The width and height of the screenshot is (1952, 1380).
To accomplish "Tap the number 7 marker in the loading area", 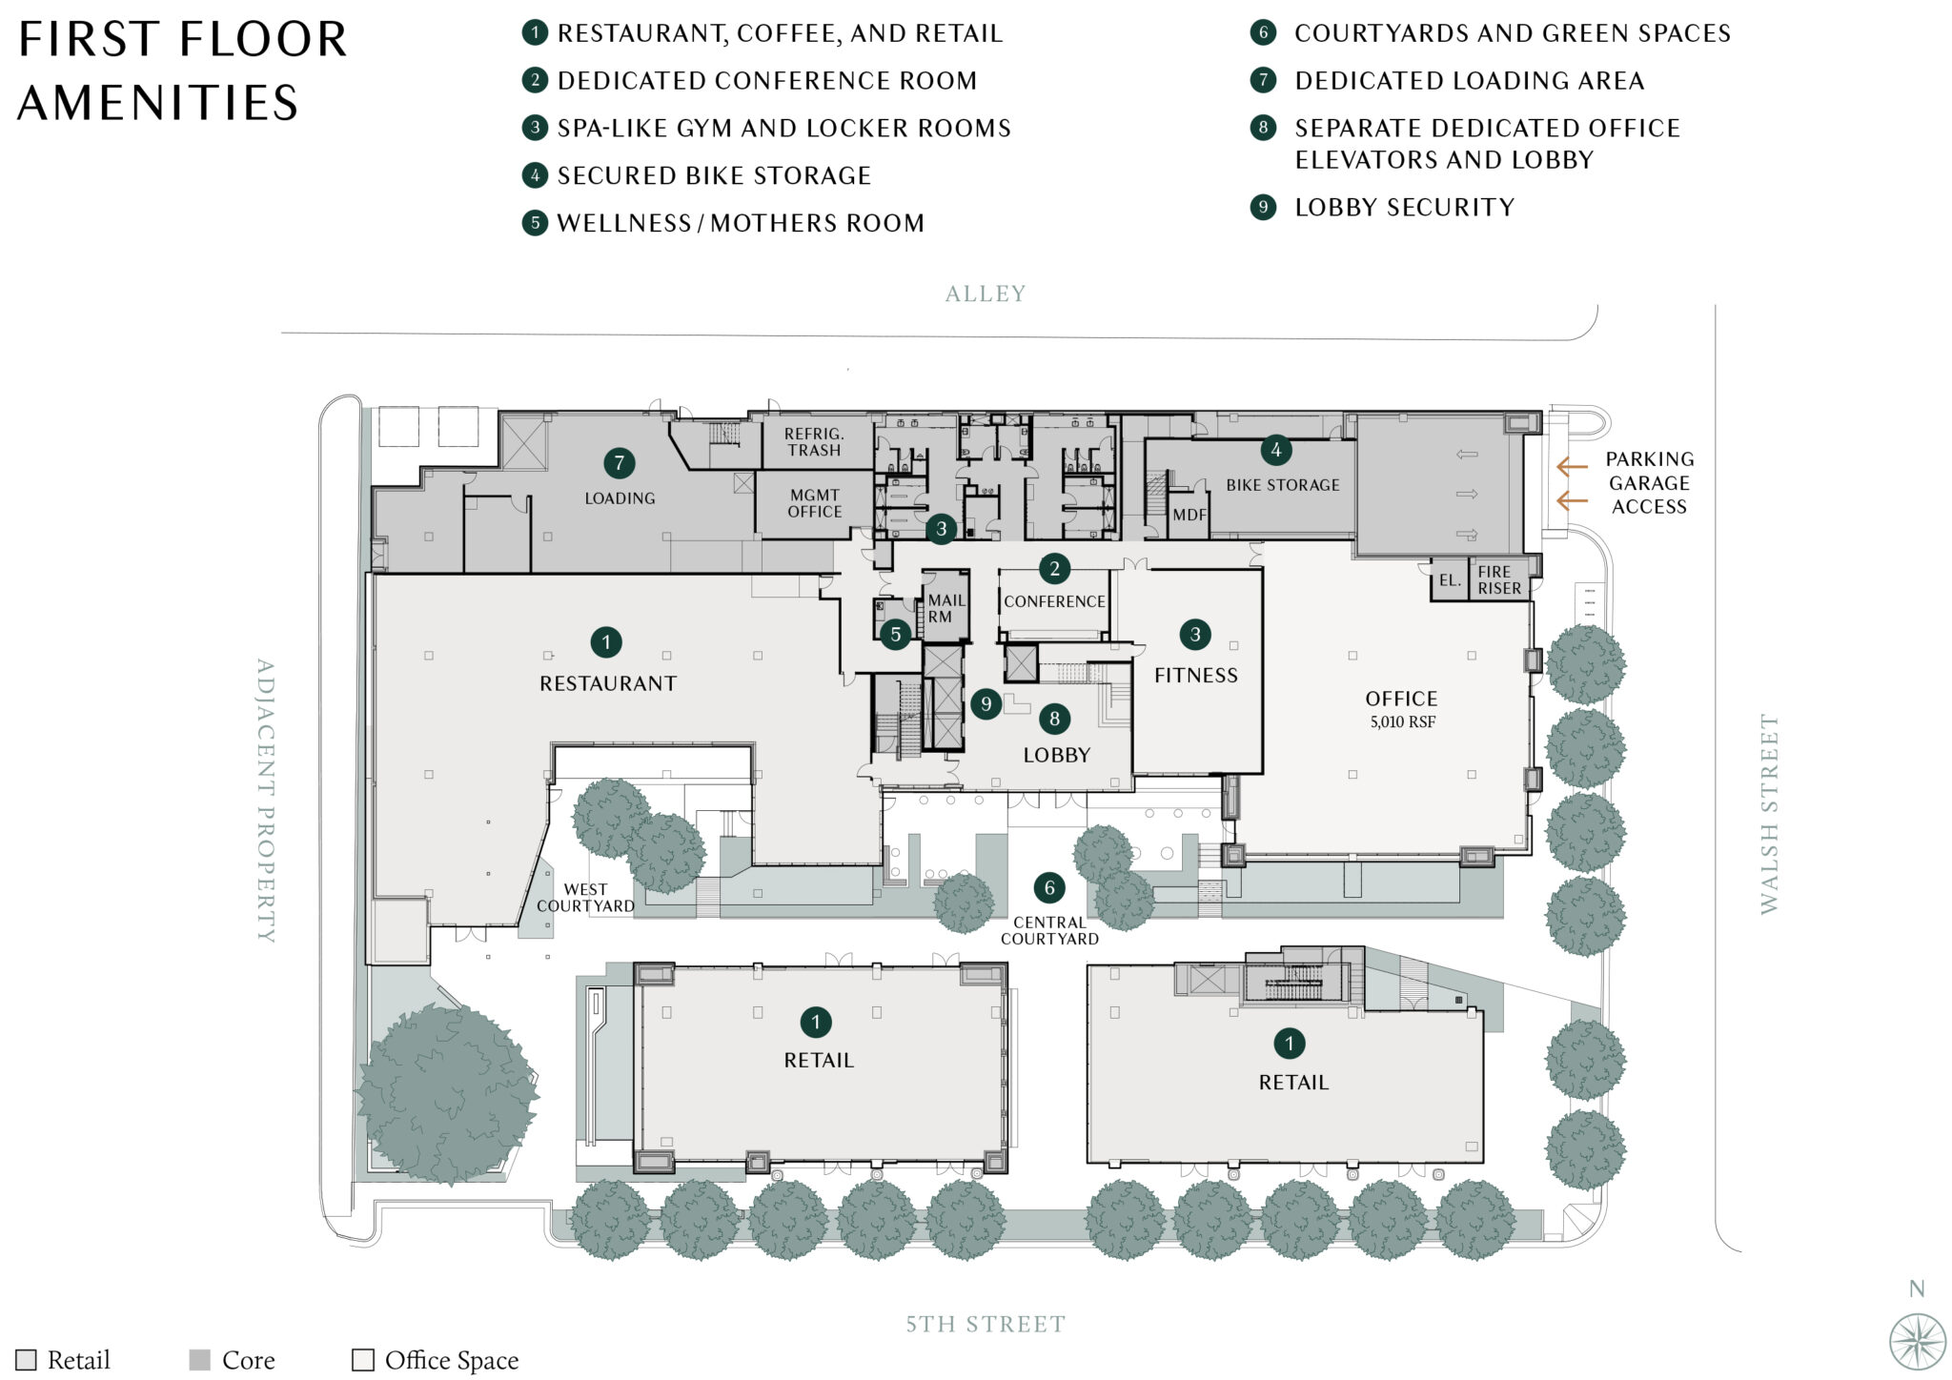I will pos(620,464).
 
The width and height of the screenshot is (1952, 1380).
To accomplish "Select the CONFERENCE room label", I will pos(1054,601).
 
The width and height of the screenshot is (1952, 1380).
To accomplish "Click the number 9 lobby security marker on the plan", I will pos(986,704).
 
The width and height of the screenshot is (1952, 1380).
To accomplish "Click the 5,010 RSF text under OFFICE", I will pos(1402,722).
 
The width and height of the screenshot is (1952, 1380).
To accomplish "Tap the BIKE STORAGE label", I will pos(1282,485).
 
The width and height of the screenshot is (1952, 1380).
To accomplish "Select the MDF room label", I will pos(1189,515).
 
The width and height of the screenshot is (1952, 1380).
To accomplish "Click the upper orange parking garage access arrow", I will pos(1571,467).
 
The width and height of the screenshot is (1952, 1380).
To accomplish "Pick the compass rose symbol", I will pos(1917,1341).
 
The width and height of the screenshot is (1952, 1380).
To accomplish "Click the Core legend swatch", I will pos(199,1360).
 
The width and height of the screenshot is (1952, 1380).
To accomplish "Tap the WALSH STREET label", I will pos(1769,814).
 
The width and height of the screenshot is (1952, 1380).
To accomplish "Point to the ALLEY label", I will pos(985,294).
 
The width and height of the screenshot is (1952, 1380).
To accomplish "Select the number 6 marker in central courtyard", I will pos(1049,888).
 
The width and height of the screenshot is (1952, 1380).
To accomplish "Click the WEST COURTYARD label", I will pos(585,898).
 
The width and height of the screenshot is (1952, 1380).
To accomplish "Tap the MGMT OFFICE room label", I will pos(814,503).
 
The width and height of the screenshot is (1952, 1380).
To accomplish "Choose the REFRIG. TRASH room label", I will pos(813,442).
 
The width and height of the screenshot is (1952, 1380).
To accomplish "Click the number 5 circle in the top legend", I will pos(535,223).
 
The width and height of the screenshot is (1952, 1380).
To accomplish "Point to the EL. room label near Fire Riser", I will pos(1449,580).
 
